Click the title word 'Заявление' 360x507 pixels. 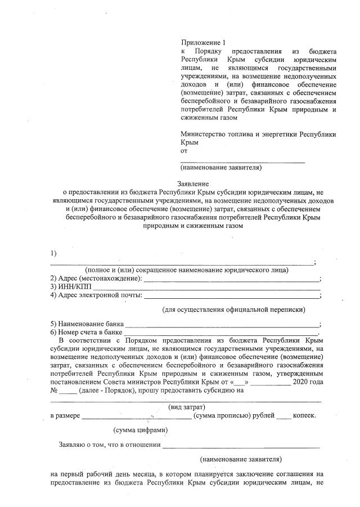[193, 183]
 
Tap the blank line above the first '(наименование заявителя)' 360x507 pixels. [242, 161]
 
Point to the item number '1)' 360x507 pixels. [53, 252]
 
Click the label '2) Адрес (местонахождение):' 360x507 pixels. [96, 279]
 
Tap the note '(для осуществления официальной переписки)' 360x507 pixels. [234, 309]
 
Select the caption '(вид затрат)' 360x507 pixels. [187, 406]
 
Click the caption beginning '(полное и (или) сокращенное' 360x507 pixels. [183, 270]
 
